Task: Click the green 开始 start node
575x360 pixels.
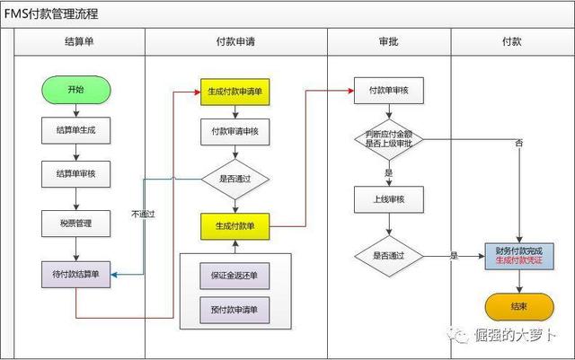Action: click(75, 90)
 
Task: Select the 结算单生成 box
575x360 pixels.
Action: click(75, 130)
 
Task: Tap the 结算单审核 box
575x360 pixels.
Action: click(75, 174)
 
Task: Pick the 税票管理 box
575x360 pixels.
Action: click(75, 224)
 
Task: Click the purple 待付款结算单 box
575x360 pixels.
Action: click(75, 274)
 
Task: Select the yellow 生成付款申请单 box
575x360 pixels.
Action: click(235, 92)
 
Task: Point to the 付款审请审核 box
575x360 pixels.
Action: click(235, 132)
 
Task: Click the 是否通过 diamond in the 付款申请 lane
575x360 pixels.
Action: click(235, 180)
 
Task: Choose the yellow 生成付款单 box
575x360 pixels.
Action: click(235, 226)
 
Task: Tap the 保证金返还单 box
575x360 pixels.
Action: click(234, 276)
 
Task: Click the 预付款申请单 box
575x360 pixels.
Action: click(234, 310)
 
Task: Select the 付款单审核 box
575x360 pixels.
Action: click(389, 91)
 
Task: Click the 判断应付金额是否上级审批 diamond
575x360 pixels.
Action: click(389, 139)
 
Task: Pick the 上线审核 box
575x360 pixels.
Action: click(389, 199)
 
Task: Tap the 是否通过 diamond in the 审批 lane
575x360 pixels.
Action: click(389, 256)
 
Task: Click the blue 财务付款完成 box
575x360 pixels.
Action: click(519, 256)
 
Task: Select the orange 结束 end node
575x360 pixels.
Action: click(519, 306)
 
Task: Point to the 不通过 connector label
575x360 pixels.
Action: click(144, 214)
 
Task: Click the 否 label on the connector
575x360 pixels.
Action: click(519, 143)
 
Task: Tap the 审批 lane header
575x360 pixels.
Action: click(389, 42)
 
